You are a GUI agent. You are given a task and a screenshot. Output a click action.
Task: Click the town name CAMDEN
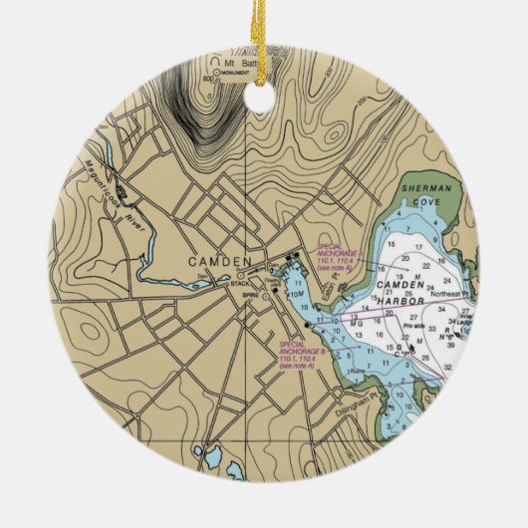[x=218, y=261]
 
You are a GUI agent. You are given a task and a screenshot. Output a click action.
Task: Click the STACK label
[x=240, y=284]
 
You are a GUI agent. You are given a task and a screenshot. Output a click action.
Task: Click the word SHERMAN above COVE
[x=426, y=187]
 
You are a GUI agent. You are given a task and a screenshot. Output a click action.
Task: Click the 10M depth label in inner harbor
[x=295, y=297]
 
